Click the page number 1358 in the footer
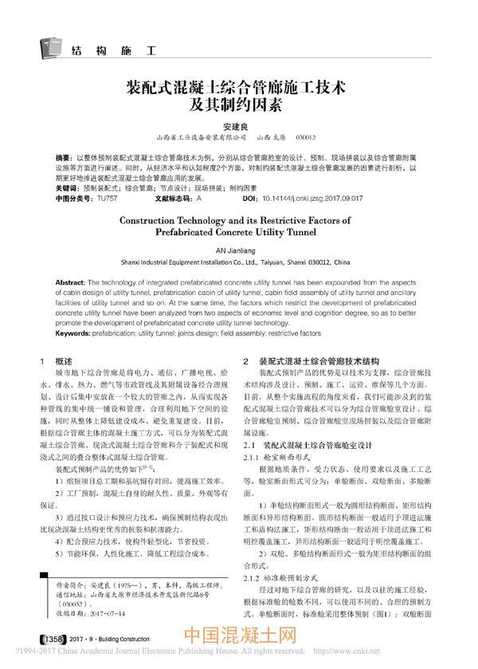click(50, 640)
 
